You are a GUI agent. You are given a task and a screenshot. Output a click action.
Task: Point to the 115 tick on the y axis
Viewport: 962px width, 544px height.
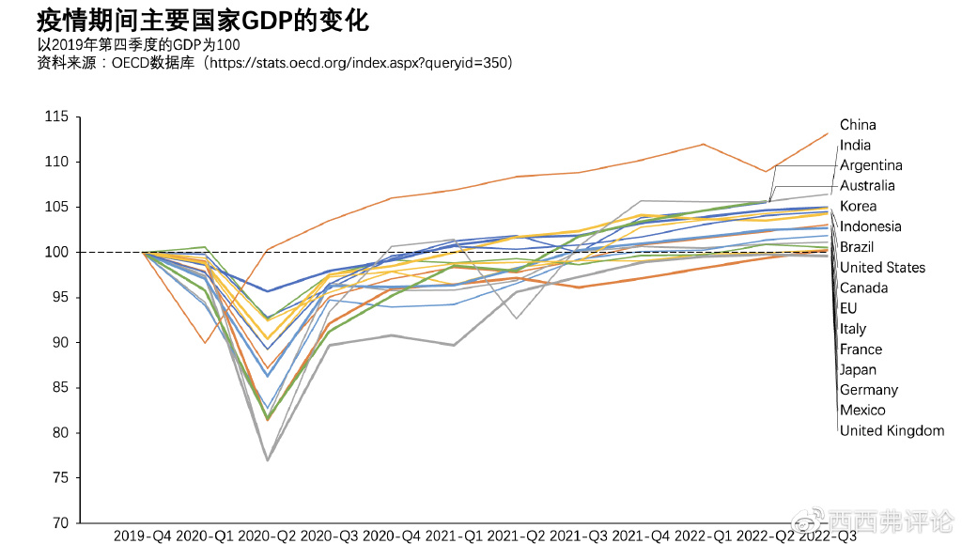pos(57,117)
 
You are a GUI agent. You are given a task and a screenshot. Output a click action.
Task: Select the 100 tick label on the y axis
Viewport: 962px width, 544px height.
pos(57,252)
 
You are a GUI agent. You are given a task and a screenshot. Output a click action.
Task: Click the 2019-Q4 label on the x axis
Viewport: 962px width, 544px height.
pos(143,536)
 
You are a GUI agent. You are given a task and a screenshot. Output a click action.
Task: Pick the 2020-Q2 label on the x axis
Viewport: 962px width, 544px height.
pos(268,536)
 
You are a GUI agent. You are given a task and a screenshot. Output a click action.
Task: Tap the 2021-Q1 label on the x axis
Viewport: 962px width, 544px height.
pos(454,536)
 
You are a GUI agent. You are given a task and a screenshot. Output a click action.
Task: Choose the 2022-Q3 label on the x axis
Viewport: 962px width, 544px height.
pos(827,536)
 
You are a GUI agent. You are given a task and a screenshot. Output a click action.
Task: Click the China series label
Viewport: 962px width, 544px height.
pos(858,125)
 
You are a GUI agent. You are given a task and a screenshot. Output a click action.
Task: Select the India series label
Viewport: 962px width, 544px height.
pos(855,146)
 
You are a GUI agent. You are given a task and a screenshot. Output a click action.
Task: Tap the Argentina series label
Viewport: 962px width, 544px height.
pos(871,165)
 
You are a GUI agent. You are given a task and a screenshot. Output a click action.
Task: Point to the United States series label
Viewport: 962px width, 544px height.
pos(882,268)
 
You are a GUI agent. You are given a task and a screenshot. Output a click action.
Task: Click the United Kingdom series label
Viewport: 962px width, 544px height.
pos(892,431)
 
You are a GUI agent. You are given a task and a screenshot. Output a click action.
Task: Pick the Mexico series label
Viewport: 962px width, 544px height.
pos(861,411)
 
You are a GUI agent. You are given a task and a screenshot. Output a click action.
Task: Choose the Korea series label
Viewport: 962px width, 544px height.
pos(858,207)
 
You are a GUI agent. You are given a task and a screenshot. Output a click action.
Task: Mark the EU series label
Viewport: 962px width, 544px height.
pos(848,308)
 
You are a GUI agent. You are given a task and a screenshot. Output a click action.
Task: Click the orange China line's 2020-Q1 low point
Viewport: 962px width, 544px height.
pos(205,342)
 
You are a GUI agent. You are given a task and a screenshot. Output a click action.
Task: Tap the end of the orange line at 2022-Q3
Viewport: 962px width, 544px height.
pos(828,132)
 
